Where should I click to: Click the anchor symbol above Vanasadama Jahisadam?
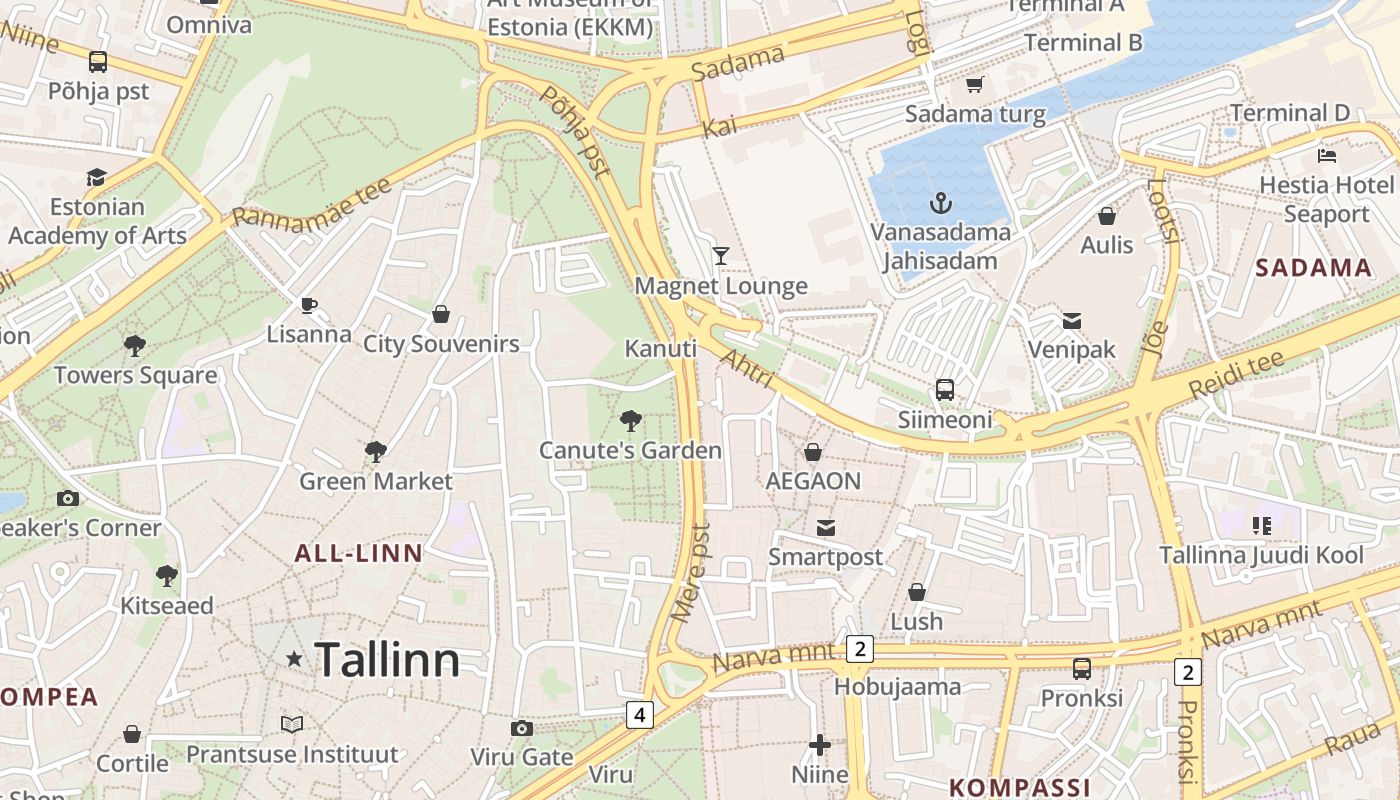[940, 204]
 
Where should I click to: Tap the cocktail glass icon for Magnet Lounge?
[720, 256]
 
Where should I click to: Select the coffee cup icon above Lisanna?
[309, 305]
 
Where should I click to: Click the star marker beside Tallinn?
[294, 659]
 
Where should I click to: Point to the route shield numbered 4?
[639, 715]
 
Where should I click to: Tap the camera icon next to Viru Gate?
[521, 728]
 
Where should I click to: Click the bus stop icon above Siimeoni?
[944, 390]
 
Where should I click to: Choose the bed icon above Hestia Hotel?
[1327, 156]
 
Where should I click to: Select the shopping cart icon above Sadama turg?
[974, 84]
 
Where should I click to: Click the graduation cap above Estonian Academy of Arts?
[96, 178]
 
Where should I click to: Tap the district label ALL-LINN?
[358, 553]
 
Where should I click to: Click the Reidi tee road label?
[1236, 375]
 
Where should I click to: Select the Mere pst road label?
[691, 572]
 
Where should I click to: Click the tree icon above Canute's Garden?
[630, 420]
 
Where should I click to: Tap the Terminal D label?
[1289, 113]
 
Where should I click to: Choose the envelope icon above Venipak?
[1072, 321]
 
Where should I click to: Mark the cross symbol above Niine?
[820, 745]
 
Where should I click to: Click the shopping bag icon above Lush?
[916, 592]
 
